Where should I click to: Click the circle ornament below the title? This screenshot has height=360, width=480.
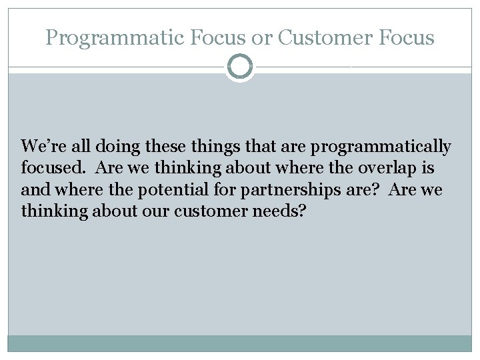(239, 67)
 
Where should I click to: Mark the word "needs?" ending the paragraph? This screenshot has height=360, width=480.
(285, 212)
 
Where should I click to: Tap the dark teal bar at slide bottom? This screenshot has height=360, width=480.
(239, 343)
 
